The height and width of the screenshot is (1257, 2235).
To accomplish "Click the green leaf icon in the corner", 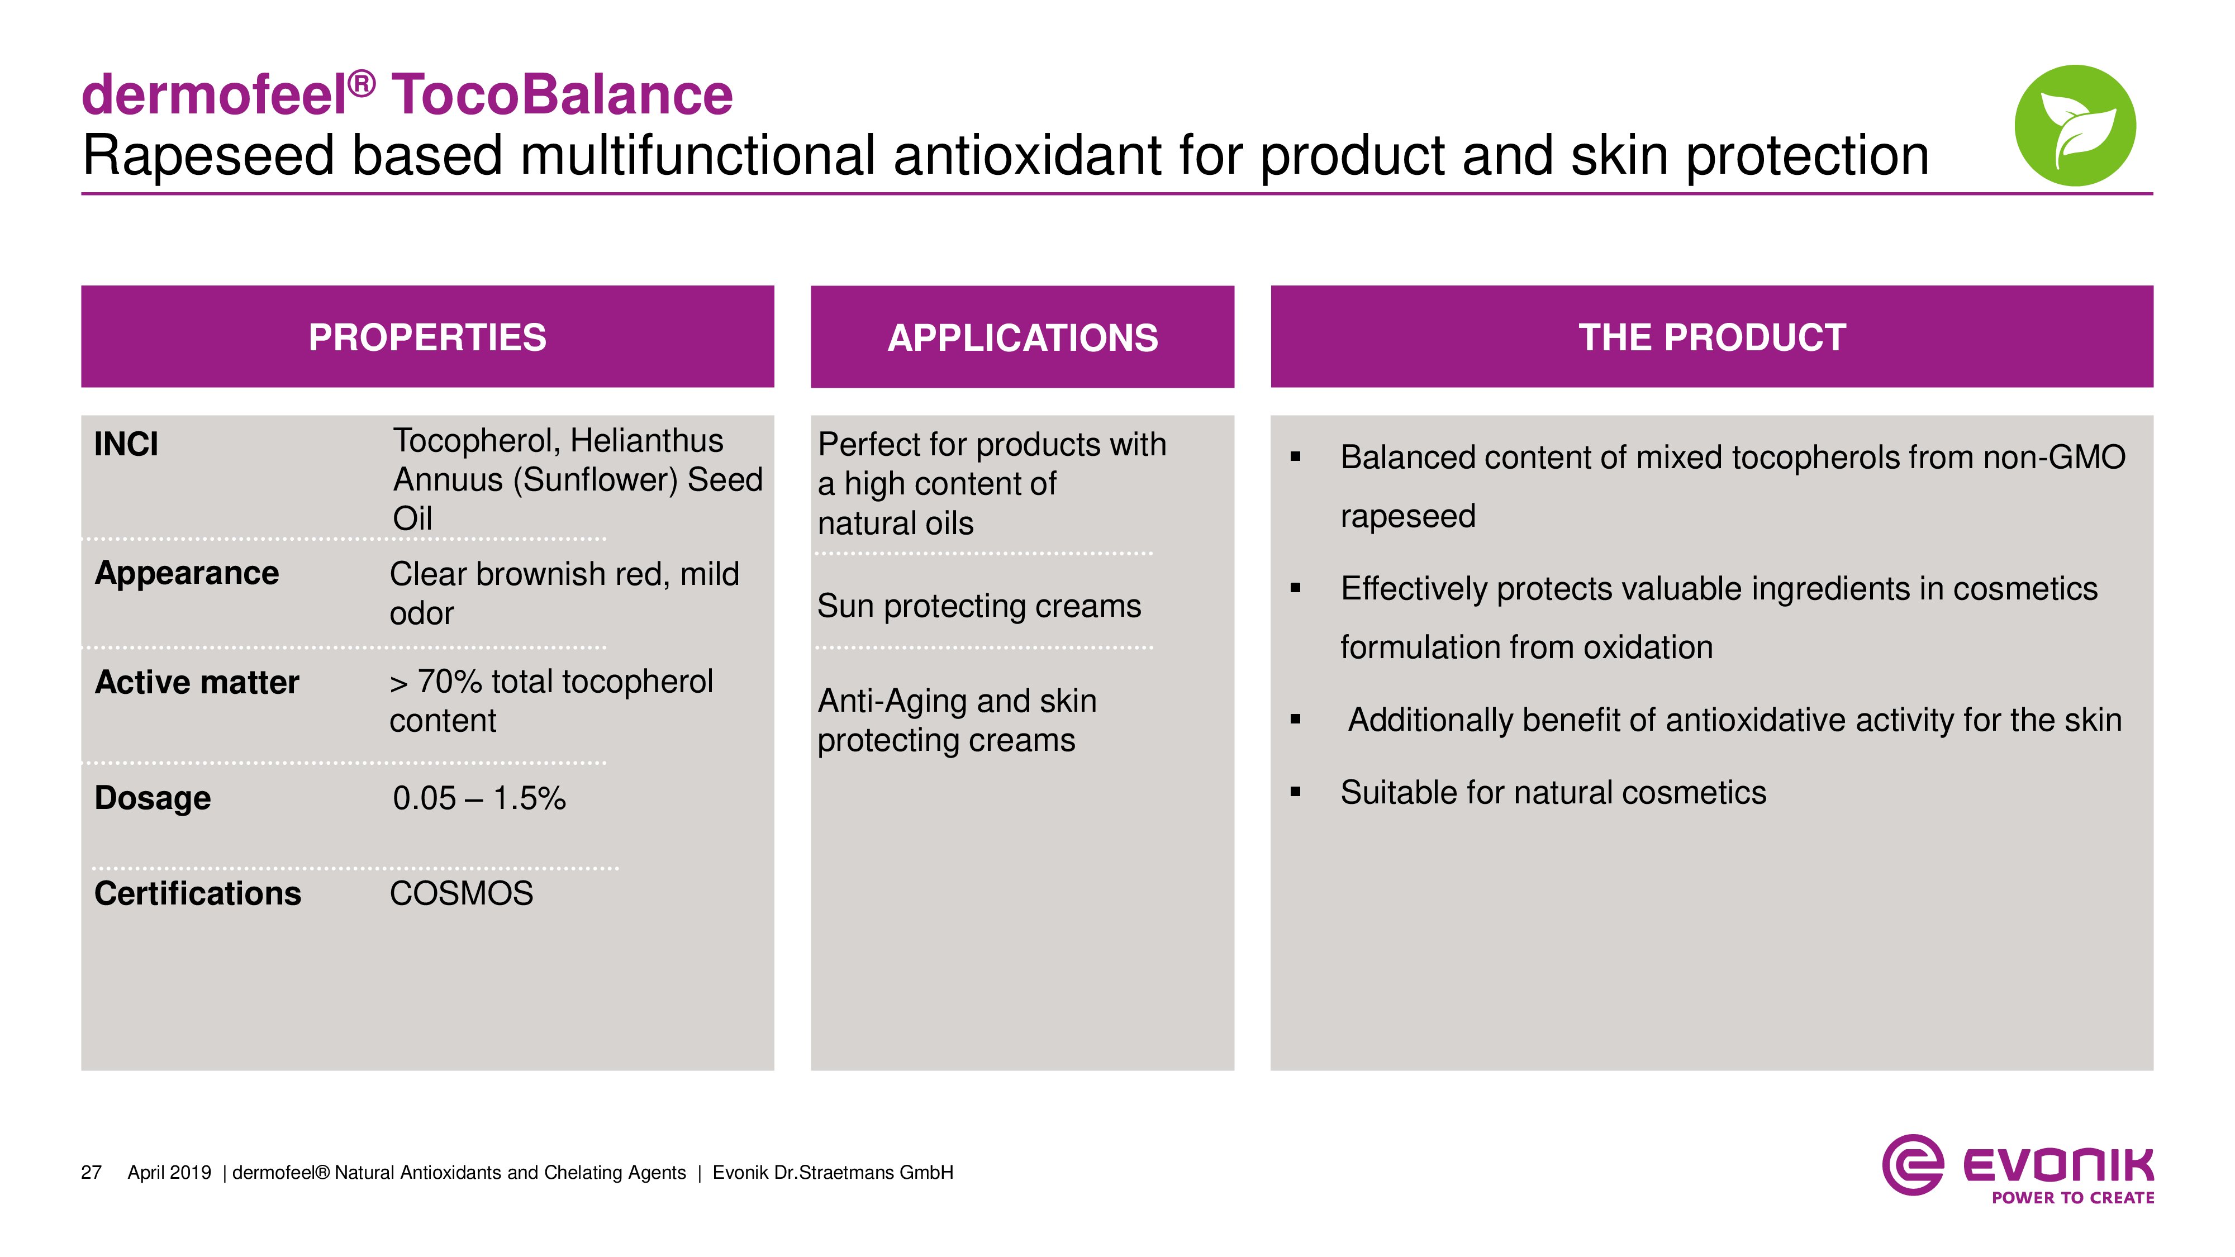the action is (x=2075, y=125).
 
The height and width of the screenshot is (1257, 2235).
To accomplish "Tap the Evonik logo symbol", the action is (x=1912, y=1164).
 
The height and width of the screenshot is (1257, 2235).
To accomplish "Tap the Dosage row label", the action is (x=153, y=798).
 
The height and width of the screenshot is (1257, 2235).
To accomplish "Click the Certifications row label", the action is (x=198, y=893).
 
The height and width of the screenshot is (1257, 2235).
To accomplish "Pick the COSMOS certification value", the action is (x=462, y=893).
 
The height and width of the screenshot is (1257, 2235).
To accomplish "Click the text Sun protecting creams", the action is (x=979, y=606).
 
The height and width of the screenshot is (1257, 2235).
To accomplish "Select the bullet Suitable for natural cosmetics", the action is (x=1553, y=793).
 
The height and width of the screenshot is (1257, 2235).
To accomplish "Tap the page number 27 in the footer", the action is (x=91, y=1173).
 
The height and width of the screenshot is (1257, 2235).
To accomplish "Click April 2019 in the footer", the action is (x=169, y=1173).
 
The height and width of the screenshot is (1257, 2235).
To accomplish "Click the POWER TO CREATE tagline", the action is (x=2073, y=1198).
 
